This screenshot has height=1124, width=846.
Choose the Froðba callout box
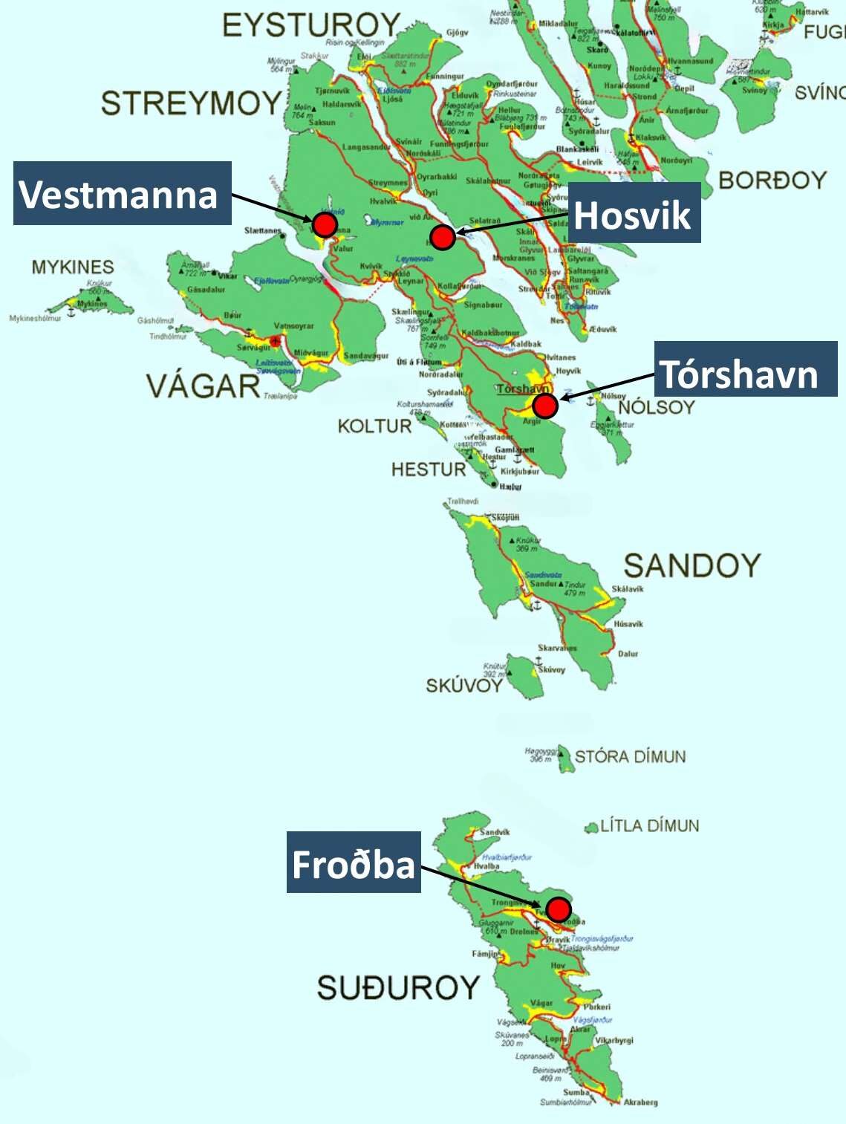click(354, 863)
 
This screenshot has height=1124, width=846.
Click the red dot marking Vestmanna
click(325, 224)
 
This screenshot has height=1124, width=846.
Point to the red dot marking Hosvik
click(443, 237)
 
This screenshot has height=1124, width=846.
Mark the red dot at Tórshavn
click(544, 406)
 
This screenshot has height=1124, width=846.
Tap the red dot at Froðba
click(559, 909)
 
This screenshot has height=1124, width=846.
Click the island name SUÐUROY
click(398, 987)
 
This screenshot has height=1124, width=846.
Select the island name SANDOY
click(692, 565)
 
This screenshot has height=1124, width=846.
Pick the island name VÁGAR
click(203, 386)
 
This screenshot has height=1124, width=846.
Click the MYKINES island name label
click(73, 267)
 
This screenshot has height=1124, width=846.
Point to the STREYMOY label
click(191, 103)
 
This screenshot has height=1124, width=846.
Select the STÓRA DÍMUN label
click(630, 756)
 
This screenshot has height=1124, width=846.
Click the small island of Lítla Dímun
click(591, 827)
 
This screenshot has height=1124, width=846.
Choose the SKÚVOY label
click(464, 685)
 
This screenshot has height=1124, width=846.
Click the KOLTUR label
click(374, 426)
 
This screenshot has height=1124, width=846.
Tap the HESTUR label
click(429, 469)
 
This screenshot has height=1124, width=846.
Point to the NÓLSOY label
click(656, 407)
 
